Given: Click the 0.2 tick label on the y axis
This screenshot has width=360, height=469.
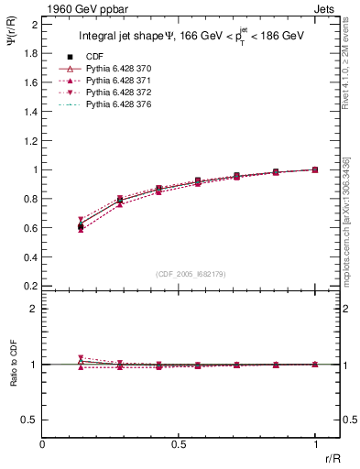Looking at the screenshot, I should pyautogui.click(x=31, y=286).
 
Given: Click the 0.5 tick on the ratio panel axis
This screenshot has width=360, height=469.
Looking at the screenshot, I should pyautogui.click(x=31, y=420).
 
